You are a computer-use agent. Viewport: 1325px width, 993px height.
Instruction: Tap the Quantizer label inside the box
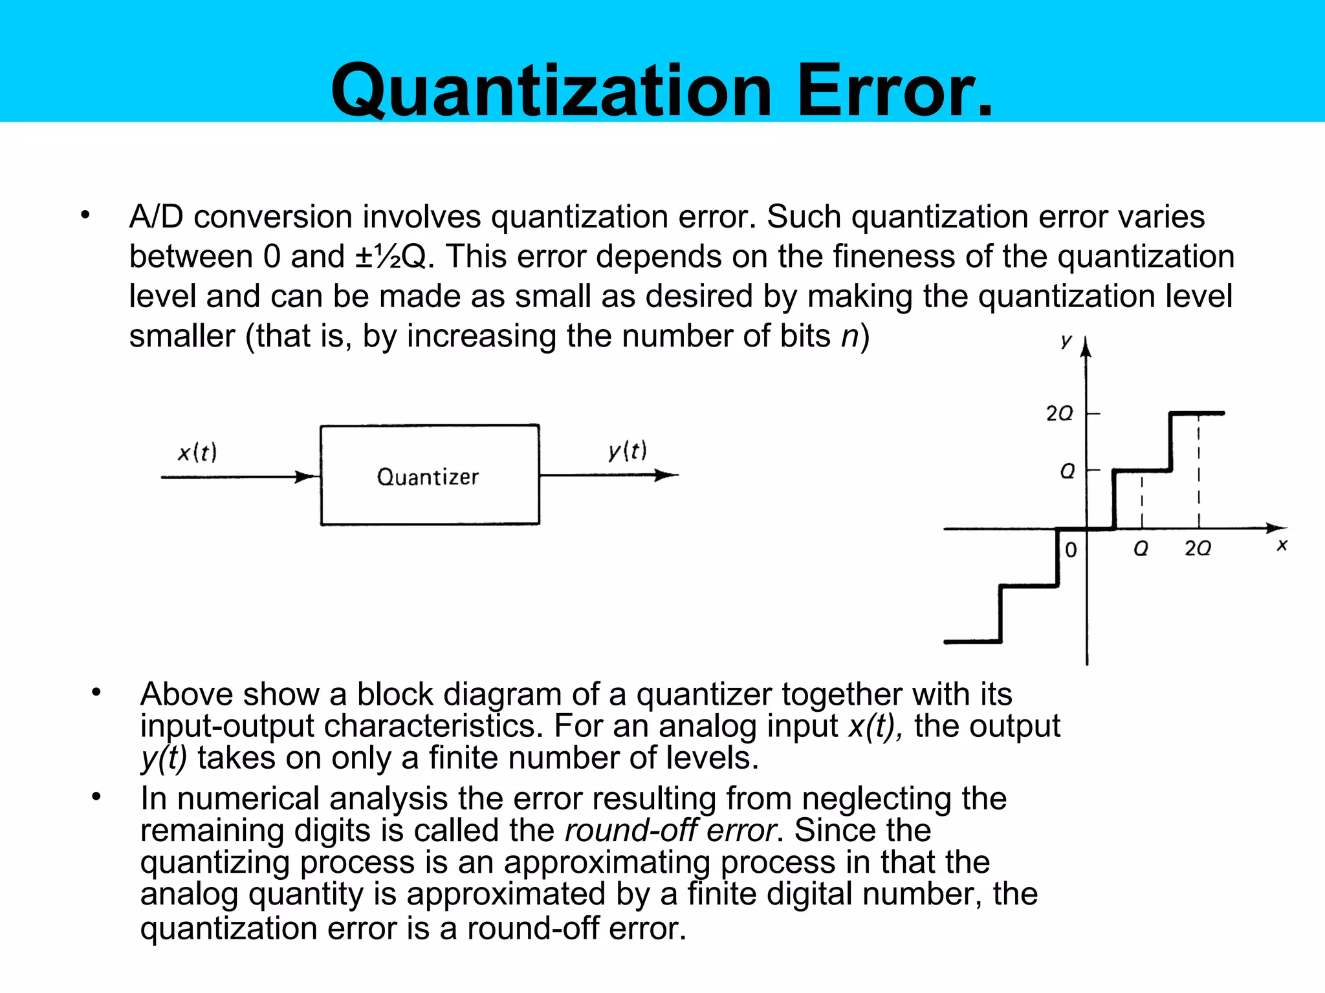tap(428, 477)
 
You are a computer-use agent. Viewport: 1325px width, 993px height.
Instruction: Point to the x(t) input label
tap(197, 452)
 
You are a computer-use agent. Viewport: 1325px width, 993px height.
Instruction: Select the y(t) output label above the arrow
tap(628, 450)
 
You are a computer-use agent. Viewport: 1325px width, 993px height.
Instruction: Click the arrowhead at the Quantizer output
tap(666, 476)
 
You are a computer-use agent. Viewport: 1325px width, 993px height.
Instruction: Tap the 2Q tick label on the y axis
tap(1059, 414)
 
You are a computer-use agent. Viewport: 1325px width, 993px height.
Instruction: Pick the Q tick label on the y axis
tap(1068, 471)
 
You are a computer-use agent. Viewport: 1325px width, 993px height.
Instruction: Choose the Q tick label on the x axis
tap(1141, 549)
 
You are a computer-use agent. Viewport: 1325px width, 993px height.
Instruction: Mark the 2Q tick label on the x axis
tap(1198, 549)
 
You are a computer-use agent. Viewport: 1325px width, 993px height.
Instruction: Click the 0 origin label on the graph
tap(1071, 550)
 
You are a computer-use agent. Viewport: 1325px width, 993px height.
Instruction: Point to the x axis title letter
tap(1282, 546)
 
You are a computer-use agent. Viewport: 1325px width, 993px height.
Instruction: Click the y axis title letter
tap(1066, 341)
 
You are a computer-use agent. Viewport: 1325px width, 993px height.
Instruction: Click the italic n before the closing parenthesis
tap(849, 336)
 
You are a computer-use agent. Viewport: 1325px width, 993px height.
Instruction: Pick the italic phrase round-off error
tap(670, 830)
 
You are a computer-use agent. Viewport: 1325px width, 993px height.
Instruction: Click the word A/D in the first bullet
tap(156, 217)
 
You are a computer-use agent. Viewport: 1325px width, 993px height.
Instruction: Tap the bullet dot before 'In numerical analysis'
tap(96, 797)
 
